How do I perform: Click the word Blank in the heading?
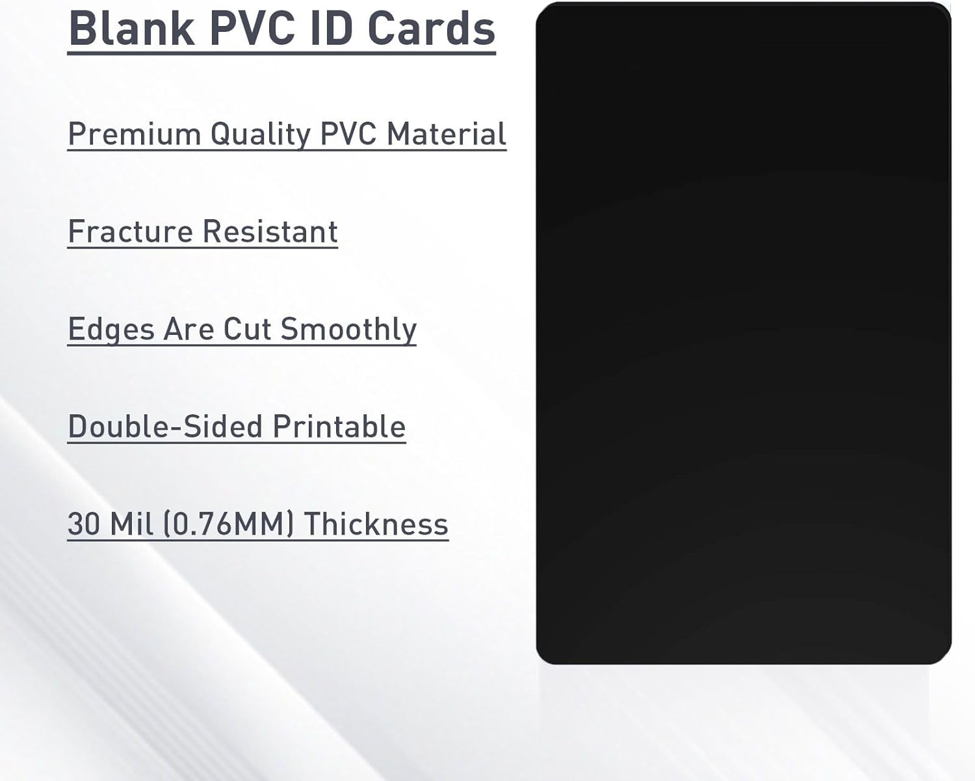pos(132,29)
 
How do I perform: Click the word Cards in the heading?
pos(432,29)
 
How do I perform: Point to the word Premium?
pos(135,134)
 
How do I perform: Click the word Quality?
pos(261,135)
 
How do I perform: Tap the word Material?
pos(447,134)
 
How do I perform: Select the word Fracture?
pos(131,232)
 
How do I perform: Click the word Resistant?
pos(270,232)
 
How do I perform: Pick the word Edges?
pos(111,330)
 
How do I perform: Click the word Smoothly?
pos(348,330)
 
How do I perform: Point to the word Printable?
pos(339,427)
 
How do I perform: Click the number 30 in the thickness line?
pos(84,524)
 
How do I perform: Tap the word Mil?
pos(131,524)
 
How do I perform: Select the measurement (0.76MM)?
pos(228,524)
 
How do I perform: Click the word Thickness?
pos(376,524)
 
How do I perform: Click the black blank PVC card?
pos(744,333)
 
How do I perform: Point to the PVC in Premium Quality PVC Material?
pos(348,134)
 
